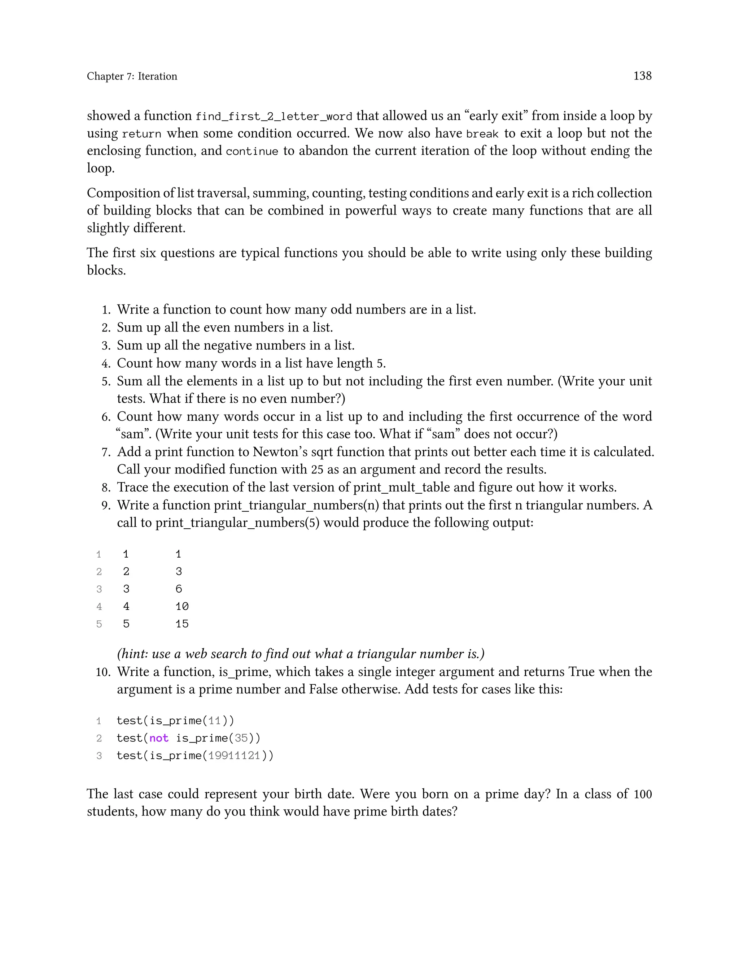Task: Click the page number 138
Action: (642, 76)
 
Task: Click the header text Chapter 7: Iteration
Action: (132, 76)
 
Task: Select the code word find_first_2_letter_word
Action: (274, 117)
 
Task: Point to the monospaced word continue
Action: (252, 152)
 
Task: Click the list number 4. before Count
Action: (106, 364)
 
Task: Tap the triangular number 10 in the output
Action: (182, 606)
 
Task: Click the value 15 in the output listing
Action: (182, 624)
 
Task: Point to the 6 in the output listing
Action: (179, 589)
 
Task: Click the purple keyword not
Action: (159, 739)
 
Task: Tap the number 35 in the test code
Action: (241, 739)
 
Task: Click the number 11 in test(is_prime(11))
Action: (215, 721)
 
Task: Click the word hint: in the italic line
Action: (133, 654)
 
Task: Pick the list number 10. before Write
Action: (103, 672)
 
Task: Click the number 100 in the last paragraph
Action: (642, 794)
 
